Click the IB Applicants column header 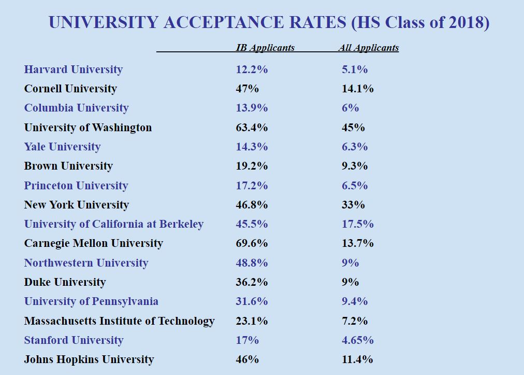[265, 48]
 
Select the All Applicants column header [368, 48]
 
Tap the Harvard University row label [73, 70]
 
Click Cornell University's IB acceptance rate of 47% [247, 89]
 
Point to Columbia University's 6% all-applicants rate [350, 108]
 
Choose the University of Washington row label [88, 128]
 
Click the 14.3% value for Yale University [252, 147]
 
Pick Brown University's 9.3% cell [355, 166]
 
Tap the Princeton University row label [76, 186]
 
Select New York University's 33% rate [353, 205]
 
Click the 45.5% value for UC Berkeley [252, 224]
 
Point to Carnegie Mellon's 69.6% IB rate [252, 243]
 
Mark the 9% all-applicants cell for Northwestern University [350, 263]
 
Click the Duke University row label [65, 282]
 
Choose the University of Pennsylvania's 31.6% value [252, 301]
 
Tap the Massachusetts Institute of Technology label [119, 321]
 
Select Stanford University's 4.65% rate [357, 340]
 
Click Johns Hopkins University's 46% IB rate [247, 359]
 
